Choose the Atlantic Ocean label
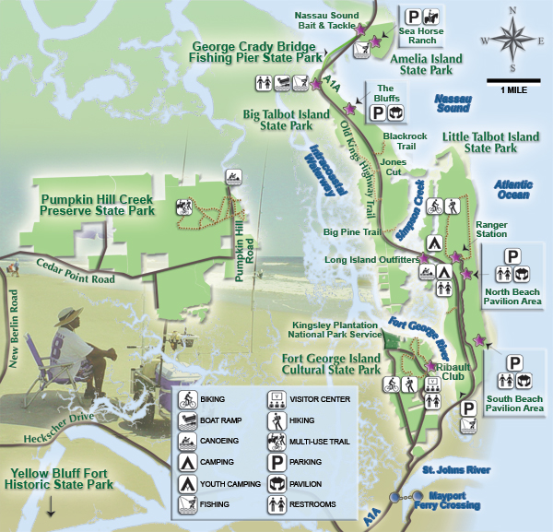(x=512, y=189)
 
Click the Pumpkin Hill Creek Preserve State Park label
(x=97, y=204)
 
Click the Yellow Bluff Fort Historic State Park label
(x=61, y=479)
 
